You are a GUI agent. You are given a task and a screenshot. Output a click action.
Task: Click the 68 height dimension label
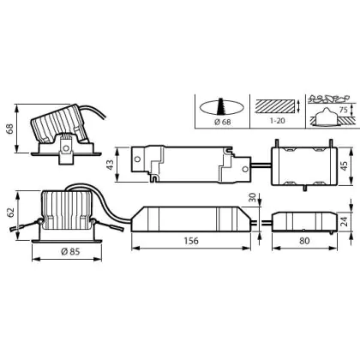9,129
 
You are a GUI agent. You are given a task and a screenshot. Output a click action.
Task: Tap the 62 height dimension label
10,213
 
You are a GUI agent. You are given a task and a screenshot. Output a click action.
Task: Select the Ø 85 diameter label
70,252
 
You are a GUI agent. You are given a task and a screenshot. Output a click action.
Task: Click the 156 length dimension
191,241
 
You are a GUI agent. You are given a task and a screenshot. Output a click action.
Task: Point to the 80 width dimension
304,241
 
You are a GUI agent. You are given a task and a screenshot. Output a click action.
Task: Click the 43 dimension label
110,165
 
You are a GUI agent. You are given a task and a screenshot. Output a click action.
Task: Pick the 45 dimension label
345,166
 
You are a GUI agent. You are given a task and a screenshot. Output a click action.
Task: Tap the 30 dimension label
253,198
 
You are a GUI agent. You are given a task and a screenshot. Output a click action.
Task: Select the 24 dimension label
345,221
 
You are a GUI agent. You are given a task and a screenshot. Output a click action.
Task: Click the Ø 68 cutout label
222,122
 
